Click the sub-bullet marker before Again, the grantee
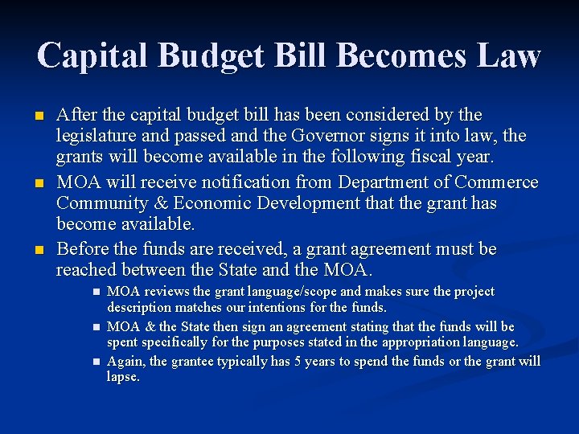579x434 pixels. tap(95, 362)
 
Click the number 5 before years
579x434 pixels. tap(297, 362)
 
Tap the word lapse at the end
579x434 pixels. tap(122, 377)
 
